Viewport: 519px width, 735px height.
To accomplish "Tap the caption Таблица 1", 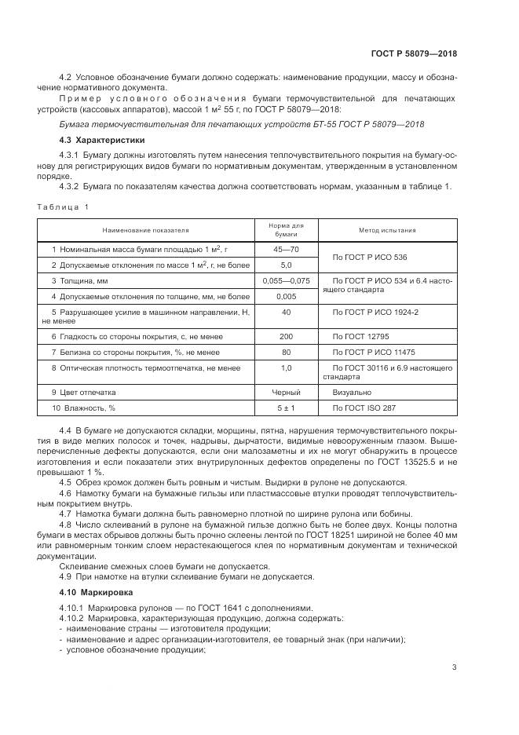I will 63,207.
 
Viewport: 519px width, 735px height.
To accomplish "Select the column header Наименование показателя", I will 144,231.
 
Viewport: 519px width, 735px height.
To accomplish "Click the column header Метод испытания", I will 387,231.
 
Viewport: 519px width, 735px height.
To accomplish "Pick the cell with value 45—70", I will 285,250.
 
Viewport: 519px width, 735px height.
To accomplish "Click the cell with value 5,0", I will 285,265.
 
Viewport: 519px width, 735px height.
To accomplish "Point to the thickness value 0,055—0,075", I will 285,281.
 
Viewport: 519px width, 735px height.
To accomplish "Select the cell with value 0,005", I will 285,297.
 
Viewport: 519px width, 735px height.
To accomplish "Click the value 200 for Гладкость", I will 285,336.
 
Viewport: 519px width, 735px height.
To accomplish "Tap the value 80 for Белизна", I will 285,352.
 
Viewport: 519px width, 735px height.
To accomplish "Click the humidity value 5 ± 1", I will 285,408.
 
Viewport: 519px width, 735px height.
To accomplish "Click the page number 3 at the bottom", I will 454,667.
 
